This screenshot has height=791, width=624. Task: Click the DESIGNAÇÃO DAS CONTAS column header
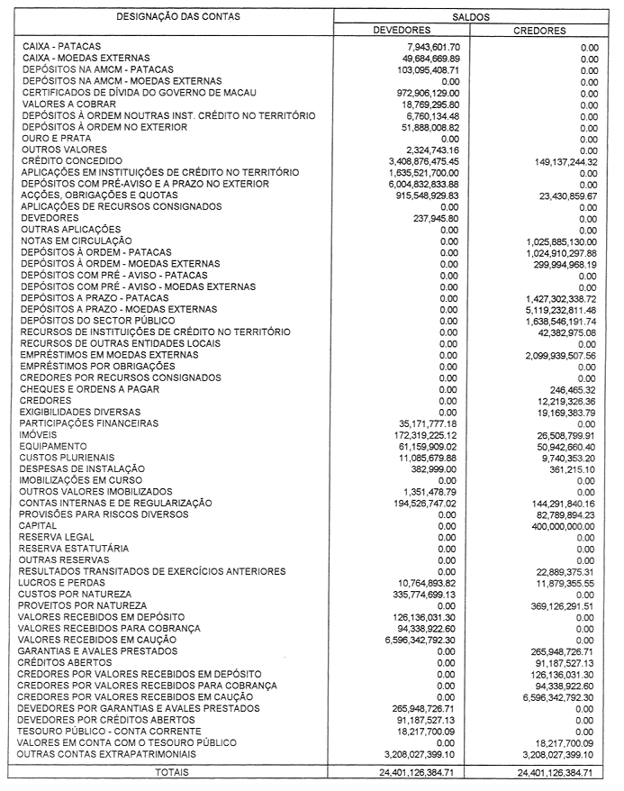[x=169, y=17]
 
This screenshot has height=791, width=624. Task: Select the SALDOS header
[x=470, y=17]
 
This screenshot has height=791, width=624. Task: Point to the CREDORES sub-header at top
[x=539, y=30]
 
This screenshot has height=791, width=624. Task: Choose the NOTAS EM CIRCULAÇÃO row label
[x=77, y=241]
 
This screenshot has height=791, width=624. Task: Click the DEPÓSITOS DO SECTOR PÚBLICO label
[x=100, y=321]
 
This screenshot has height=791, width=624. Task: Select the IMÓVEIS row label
[x=40, y=434]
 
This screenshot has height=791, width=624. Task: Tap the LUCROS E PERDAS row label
[x=61, y=584]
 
